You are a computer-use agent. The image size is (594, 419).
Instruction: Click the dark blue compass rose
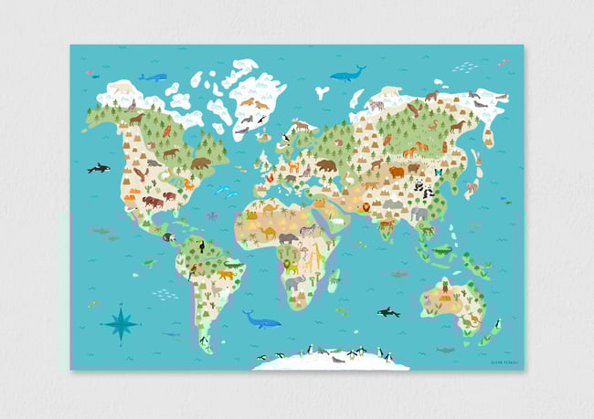[121, 321]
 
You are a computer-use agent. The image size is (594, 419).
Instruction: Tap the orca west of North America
[99, 168]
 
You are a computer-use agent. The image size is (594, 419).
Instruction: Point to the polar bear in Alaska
[122, 88]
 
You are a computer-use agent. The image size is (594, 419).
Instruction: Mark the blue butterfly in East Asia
[438, 172]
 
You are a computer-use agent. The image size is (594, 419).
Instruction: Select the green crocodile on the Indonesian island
[442, 249]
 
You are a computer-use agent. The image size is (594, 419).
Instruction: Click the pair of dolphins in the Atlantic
[225, 191]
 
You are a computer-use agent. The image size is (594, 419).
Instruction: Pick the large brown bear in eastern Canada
[200, 163]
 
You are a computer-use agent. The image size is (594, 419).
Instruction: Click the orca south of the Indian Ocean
[388, 312]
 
